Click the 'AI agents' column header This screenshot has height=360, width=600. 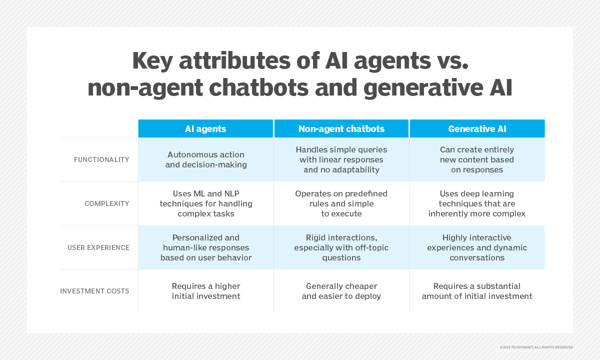click(x=205, y=129)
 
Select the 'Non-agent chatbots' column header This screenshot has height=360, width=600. click(x=341, y=129)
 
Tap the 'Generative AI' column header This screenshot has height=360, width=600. click(x=477, y=129)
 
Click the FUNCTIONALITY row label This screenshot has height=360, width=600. click(x=101, y=159)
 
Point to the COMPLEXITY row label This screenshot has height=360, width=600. click(x=107, y=203)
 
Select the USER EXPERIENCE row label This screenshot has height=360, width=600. click(x=98, y=247)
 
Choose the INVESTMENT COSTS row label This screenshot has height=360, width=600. click(x=94, y=291)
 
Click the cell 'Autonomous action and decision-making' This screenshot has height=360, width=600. click(x=205, y=159)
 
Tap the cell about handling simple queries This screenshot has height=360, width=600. click(x=341, y=159)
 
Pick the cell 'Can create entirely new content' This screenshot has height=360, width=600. click(x=477, y=159)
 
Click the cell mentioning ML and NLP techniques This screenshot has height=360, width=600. click(x=205, y=203)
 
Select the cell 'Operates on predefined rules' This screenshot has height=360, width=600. click(x=341, y=203)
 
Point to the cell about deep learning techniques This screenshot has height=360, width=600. click(x=477, y=203)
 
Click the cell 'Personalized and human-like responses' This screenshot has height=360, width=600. click(x=205, y=247)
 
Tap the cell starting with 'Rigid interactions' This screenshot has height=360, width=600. click(x=341, y=247)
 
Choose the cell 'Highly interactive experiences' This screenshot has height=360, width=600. click(x=477, y=247)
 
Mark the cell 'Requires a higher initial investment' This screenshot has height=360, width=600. click(x=205, y=291)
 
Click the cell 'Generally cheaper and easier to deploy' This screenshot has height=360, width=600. click(x=341, y=291)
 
